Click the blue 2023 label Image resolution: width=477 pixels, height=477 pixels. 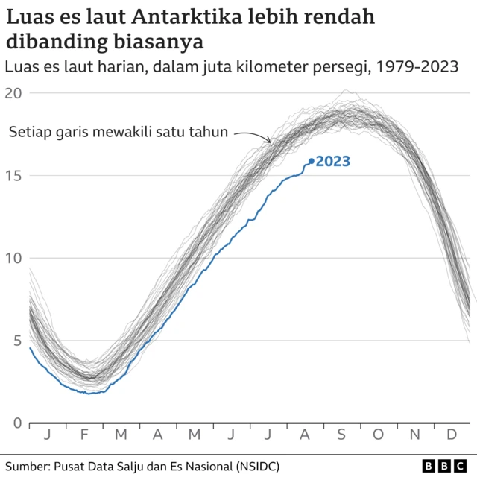click(x=333, y=161)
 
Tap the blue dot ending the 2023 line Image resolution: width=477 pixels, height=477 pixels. click(x=311, y=161)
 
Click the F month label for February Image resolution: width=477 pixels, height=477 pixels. click(x=83, y=435)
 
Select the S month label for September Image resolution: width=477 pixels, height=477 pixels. click(x=341, y=435)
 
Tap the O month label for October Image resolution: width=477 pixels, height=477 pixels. click(x=378, y=435)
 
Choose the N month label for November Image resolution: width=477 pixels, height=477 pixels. click(x=415, y=435)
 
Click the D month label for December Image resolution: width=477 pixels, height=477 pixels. click(x=452, y=435)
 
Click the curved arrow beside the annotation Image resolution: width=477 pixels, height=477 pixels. click(x=253, y=136)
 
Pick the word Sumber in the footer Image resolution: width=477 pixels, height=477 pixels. click(x=27, y=466)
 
